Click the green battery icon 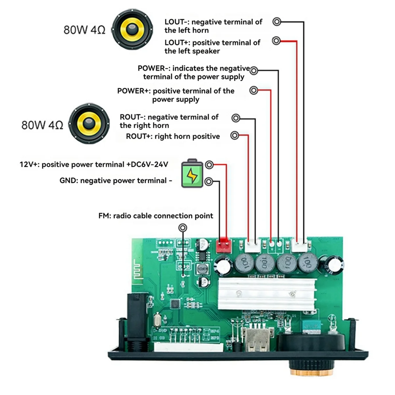193,173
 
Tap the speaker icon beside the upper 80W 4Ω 133,29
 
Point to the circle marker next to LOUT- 277,22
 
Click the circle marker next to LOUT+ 276,40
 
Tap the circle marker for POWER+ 254,90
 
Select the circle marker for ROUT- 236,118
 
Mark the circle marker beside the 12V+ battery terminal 209,165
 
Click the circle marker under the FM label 182,227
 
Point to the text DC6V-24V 150,164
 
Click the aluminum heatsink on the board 267,293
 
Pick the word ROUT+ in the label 138,136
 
